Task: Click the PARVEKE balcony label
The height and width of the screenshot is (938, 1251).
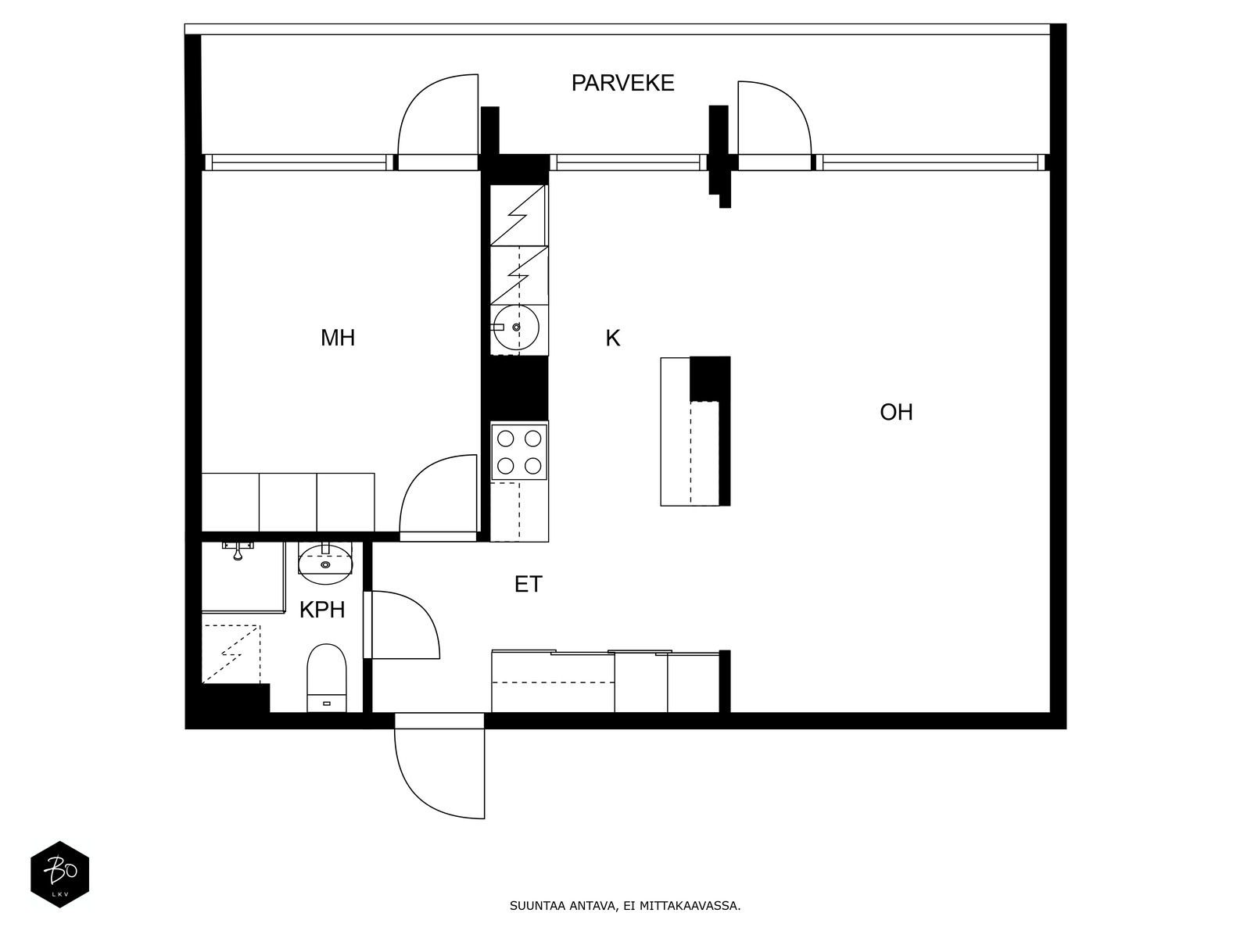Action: click(x=622, y=83)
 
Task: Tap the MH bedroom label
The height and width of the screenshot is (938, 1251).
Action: click(x=338, y=338)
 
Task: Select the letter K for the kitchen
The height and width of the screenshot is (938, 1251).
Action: click(x=612, y=338)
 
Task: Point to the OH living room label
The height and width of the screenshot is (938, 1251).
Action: click(x=896, y=412)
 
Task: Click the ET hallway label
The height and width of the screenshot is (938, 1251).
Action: click(x=528, y=584)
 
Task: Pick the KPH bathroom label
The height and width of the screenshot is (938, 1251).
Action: click(x=322, y=610)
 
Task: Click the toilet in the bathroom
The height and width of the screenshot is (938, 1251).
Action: click(x=326, y=676)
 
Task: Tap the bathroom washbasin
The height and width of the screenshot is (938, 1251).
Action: click(x=325, y=564)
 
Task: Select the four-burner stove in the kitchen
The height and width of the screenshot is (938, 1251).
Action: click(x=519, y=451)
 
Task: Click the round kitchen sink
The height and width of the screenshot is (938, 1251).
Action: click(x=516, y=327)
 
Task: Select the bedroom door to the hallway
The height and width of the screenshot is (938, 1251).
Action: click(x=438, y=496)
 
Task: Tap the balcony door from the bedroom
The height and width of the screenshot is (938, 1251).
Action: click(x=438, y=117)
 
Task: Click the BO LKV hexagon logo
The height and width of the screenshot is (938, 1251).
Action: click(x=59, y=874)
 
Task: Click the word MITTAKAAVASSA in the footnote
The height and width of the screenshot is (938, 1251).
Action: click(x=690, y=907)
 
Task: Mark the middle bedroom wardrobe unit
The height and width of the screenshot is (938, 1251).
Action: click(x=288, y=502)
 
